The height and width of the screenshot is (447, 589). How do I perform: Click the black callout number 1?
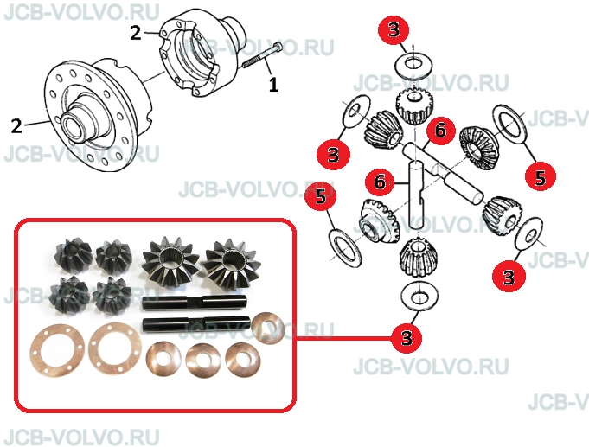(x=274, y=85)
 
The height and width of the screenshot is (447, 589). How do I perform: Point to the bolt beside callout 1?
(x=262, y=55)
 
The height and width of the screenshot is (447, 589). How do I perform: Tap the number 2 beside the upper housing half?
(x=136, y=33)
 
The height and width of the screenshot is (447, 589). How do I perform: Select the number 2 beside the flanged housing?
(x=16, y=126)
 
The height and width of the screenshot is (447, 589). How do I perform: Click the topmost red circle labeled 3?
(x=394, y=29)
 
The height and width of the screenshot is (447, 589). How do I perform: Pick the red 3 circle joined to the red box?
(x=407, y=337)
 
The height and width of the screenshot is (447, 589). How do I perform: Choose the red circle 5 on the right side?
(x=541, y=177)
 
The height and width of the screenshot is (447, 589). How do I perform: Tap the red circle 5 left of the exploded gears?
(x=320, y=196)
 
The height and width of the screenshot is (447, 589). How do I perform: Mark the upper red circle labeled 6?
(x=440, y=131)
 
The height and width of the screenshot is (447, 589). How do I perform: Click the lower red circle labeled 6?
(x=381, y=182)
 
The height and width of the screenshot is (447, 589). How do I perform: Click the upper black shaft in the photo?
(x=196, y=303)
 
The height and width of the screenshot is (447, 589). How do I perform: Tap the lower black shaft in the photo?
(x=197, y=325)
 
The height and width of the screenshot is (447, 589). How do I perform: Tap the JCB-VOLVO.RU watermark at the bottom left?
(x=81, y=437)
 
